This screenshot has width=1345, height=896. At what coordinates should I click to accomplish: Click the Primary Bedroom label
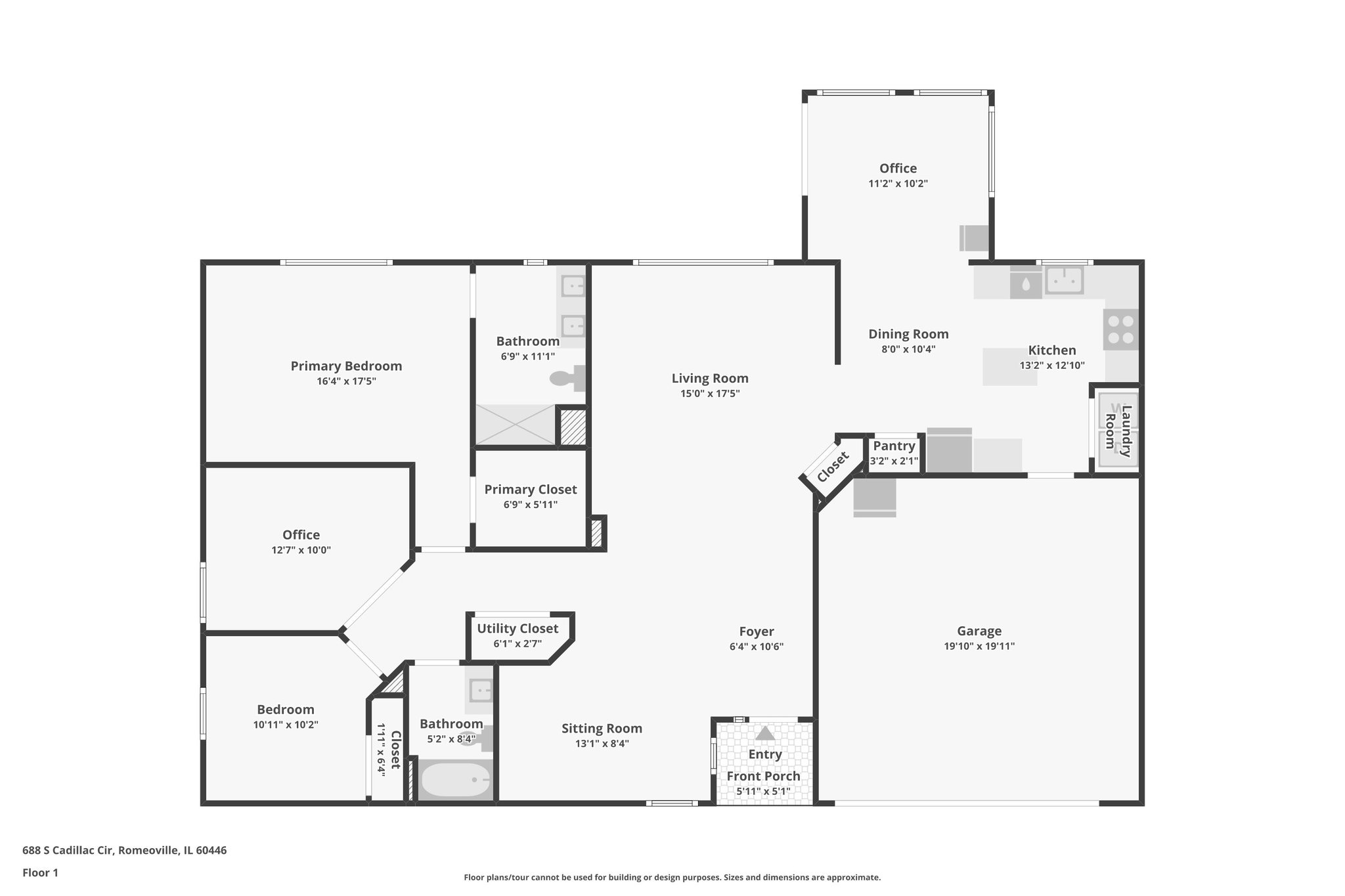click(x=346, y=366)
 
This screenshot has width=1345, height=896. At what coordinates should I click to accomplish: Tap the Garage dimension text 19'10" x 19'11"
click(x=979, y=646)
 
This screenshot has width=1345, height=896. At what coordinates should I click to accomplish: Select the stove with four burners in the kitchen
click(x=1121, y=330)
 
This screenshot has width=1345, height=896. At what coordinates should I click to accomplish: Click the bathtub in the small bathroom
click(x=455, y=780)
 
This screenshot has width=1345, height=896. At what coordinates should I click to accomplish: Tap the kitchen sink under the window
click(x=1064, y=281)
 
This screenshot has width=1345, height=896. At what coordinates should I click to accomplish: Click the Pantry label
click(x=894, y=446)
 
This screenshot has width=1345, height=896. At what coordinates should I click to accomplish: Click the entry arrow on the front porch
click(x=765, y=733)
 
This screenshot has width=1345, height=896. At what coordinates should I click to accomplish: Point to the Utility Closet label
click(x=518, y=629)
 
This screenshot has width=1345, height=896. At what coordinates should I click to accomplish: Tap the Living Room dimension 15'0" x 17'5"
click(x=710, y=394)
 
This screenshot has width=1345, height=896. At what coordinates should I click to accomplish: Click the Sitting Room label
click(x=602, y=729)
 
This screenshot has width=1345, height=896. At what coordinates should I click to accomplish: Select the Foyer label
click(x=757, y=631)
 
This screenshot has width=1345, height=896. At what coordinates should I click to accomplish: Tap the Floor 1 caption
click(x=41, y=873)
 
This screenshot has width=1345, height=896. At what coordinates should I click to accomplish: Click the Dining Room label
click(x=908, y=334)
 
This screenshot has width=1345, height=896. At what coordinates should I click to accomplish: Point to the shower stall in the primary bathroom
click(x=516, y=425)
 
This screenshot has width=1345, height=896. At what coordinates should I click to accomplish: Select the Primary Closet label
click(x=531, y=490)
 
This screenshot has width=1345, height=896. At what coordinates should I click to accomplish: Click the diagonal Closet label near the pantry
click(x=833, y=467)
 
